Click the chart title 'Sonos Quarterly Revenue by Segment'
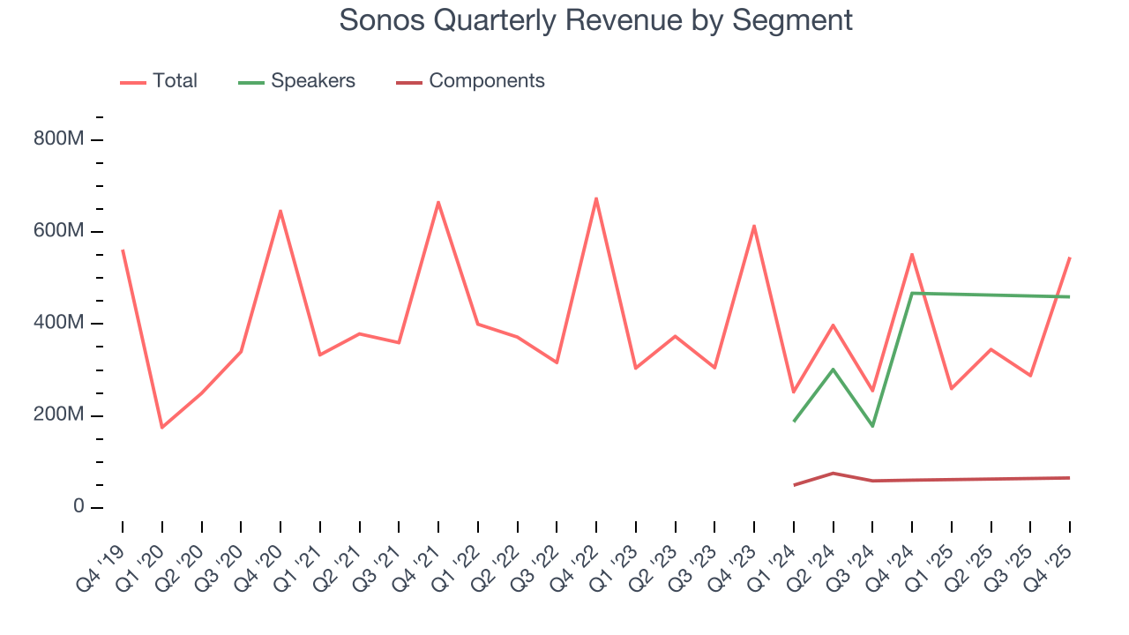595,20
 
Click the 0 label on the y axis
79,507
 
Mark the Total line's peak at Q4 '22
596,198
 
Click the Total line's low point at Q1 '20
161,428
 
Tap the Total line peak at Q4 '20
280,211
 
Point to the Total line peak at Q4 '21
438,202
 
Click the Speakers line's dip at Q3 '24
872,426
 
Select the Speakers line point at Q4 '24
912,293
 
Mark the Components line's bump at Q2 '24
834,473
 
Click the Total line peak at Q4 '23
754,226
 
